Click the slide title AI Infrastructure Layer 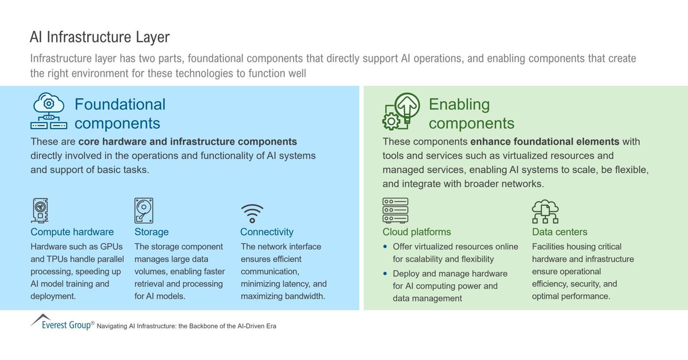click(100, 38)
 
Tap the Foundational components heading click(120, 114)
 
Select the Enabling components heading click(471, 114)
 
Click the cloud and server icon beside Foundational click(49, 111)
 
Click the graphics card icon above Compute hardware click(40, 210)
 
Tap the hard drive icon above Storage click(143, 210)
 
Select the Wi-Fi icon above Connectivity click(252, 213)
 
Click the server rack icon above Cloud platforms click(395, 210)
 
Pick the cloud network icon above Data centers click(545, 211)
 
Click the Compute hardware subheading click(72, 232)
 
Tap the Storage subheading click(151, 232)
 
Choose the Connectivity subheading click(267, 232)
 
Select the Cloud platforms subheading click(417, 232)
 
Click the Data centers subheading click(560, 232)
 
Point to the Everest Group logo click(61, 322)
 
